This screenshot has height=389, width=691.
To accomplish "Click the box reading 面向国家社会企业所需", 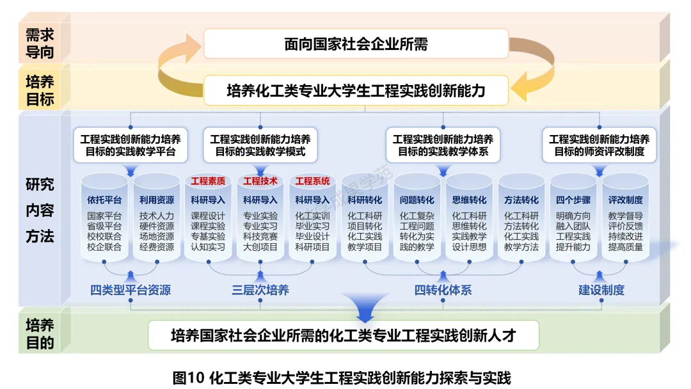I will tap(356, 44).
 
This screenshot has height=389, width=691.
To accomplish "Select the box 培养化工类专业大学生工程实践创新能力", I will tap(356, 90).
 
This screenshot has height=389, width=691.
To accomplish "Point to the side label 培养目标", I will tap(40, 90).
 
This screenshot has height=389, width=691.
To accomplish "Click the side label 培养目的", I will tap(40, 333).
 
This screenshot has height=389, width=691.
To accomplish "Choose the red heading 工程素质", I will tap(208, 181).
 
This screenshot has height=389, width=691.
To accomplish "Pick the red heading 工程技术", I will tap(260, 181).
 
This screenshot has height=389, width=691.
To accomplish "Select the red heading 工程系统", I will tap(313, 181).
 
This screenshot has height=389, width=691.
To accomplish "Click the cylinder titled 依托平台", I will tap(104, 221).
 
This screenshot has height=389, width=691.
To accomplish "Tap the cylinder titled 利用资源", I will tap(157, 221).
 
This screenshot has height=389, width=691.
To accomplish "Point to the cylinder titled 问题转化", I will tap(417, 221).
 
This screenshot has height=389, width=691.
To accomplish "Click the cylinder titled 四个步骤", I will tap(573, 221).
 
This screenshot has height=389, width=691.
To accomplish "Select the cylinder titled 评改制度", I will tap(626, 221).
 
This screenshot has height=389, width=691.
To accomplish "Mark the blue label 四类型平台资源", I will tap(131, 290).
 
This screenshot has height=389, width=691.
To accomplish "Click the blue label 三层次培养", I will tap(260, 290).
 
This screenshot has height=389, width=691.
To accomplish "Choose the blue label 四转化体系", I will tap(443, 290).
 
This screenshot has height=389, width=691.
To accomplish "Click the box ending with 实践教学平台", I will tap(131, 145).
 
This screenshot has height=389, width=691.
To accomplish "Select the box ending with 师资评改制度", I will tap(600, 145).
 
